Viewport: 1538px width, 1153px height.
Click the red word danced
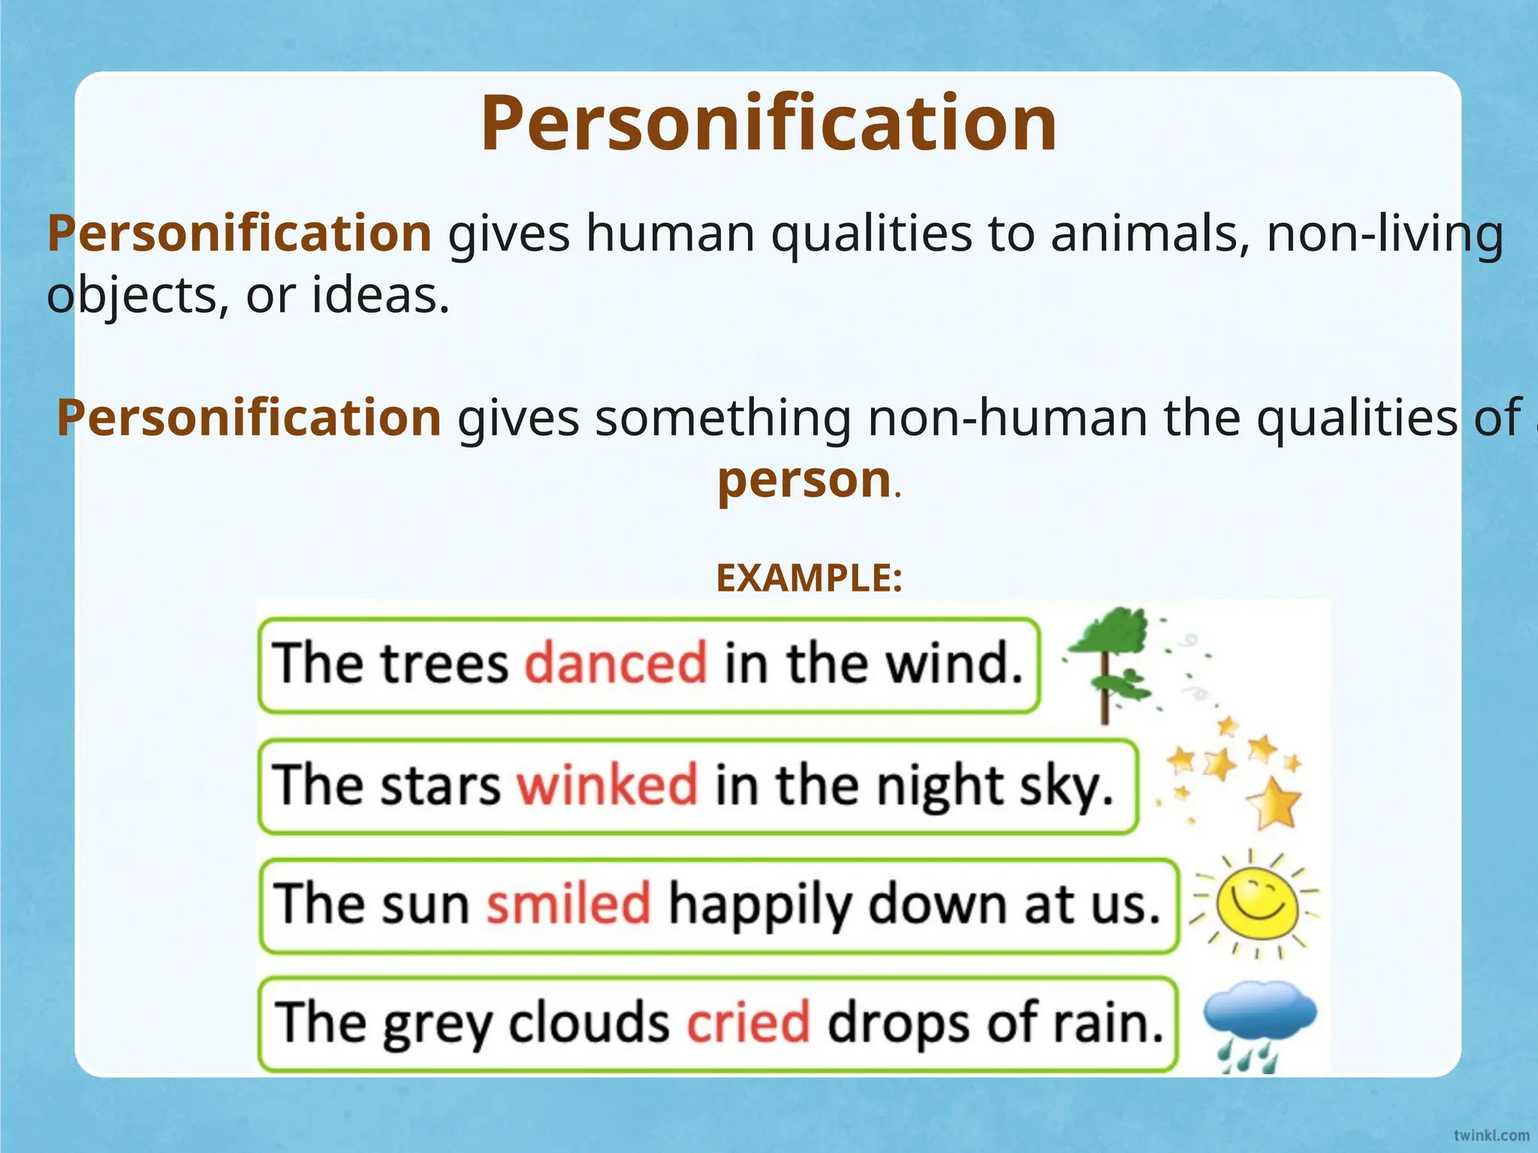point(615,664)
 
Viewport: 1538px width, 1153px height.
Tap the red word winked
point(607,784)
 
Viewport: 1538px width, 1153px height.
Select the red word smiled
point(568,903)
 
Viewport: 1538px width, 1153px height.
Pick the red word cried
point(749,1022)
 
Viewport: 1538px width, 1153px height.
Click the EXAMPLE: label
point(809,578)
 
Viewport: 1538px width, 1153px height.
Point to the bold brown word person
point(804,480)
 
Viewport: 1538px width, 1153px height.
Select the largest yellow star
point(1274,803)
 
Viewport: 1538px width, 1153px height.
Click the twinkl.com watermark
point(1491,1135)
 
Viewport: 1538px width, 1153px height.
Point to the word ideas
point(380,295)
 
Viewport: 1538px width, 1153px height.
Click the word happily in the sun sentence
point(759,905)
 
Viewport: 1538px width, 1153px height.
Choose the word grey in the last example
point(437,1023)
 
